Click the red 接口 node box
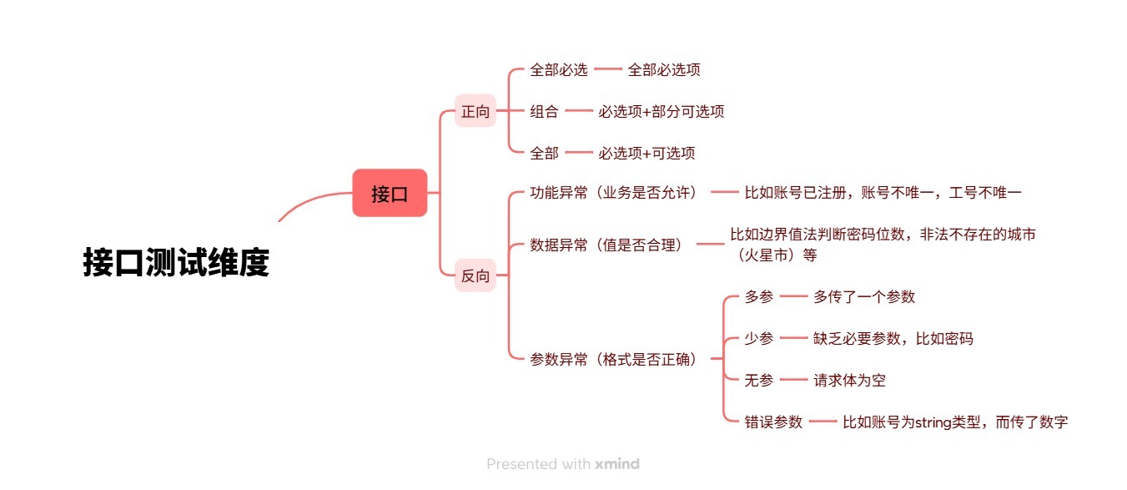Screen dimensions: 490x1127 390,193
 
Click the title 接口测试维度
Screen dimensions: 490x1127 176,262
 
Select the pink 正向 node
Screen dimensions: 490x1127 475,111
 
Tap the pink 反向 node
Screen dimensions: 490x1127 475,275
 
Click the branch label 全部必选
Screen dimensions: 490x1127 559,69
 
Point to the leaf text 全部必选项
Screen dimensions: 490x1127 664,69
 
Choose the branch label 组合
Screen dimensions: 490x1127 544,111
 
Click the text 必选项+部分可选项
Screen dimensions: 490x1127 661,111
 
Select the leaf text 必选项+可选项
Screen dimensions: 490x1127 647,153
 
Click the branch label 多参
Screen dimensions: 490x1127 759,296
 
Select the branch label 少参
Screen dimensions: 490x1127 759,338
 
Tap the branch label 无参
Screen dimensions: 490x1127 759,380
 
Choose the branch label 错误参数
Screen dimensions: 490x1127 773,422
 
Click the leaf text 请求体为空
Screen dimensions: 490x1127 849,380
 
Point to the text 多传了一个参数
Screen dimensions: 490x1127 864,296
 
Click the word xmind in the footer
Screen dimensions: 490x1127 617,463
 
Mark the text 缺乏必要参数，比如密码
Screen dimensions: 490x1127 893,338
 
